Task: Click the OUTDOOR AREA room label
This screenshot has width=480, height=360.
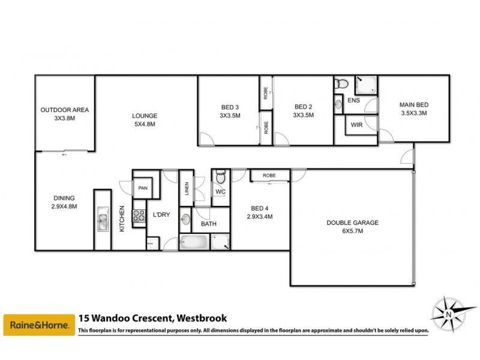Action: (65, 110)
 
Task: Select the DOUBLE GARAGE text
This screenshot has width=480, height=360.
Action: (352, 223)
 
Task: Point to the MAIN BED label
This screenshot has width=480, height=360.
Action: (415, 104)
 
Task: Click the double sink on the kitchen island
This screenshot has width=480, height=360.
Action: (103, 223)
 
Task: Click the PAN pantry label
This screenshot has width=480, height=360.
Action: (143, 188)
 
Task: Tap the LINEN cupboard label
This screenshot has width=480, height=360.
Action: (187, 189)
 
